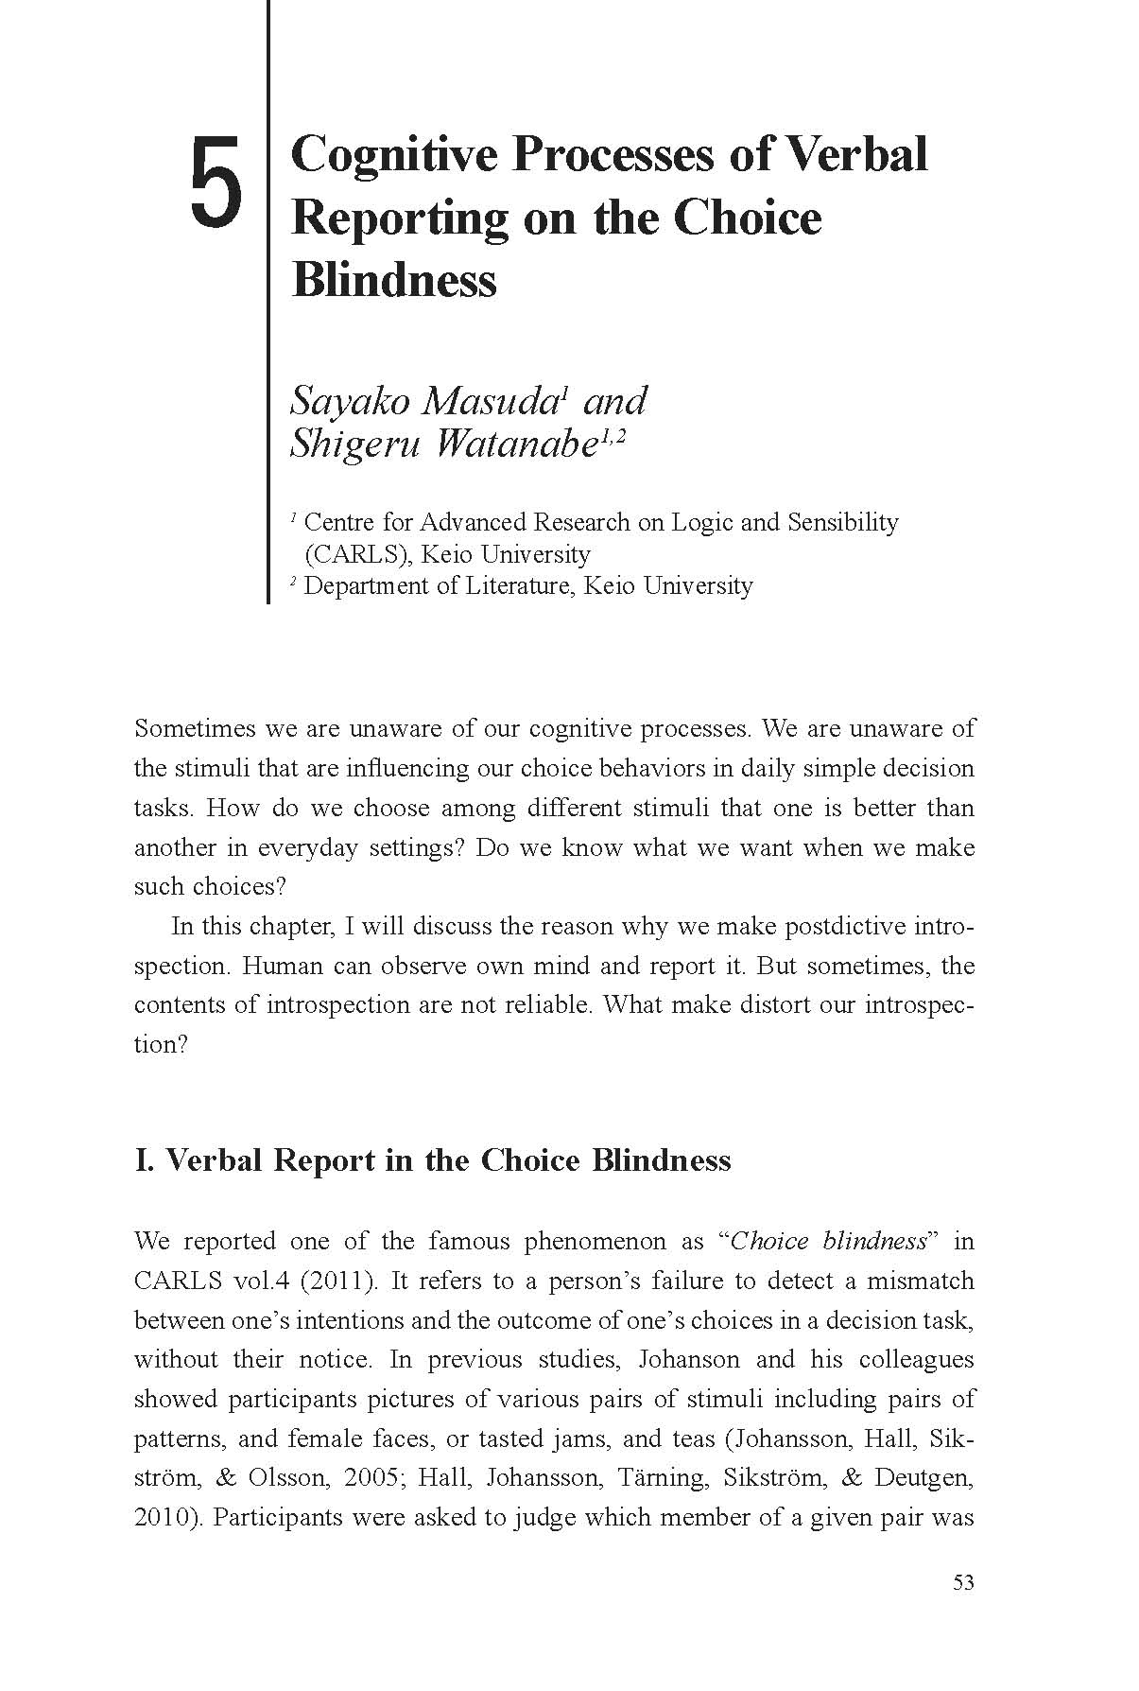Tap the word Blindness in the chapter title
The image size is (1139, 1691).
394,279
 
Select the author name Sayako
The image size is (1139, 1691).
350,401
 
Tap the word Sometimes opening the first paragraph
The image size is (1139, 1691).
193,729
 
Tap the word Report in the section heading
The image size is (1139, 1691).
324,1160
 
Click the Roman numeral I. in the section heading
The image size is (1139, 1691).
145,1160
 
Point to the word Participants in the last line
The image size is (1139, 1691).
275,1517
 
